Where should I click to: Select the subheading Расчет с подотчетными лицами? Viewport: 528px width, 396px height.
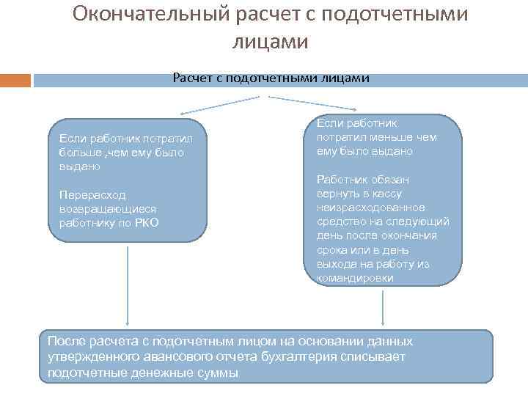[271, 78]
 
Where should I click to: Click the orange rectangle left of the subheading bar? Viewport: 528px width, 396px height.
[15, 80]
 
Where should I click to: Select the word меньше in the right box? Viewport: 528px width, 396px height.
[393, 137]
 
